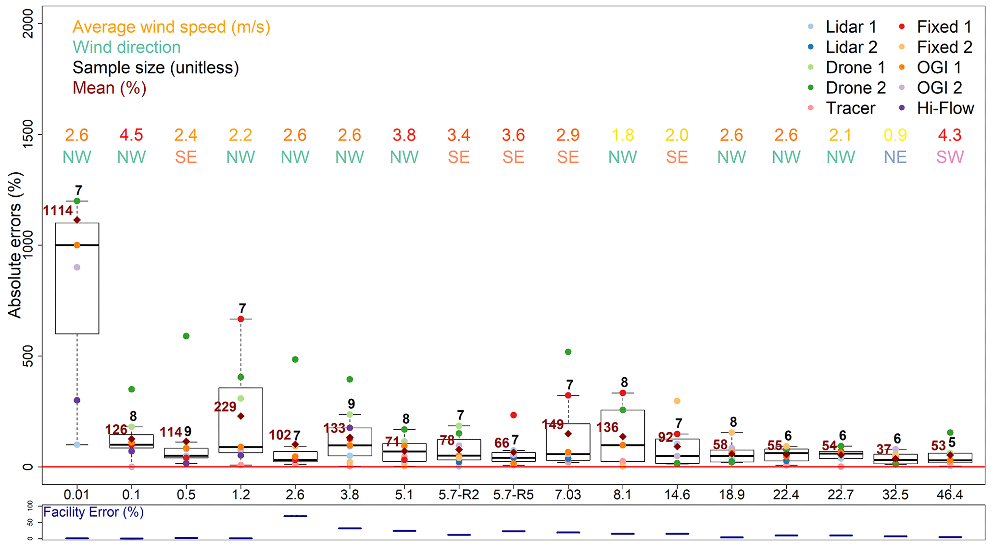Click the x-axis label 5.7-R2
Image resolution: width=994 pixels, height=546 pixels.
click(x=459, y=495)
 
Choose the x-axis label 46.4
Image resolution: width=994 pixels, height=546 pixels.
click(x=950, y=495)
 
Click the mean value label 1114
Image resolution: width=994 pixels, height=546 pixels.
click(x=58, y=211)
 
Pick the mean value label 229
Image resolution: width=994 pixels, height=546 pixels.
click(x=225, y=407)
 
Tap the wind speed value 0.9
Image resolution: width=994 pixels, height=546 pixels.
click(x=895, y=135)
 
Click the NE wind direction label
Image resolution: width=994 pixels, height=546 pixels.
click(x=895, y=157)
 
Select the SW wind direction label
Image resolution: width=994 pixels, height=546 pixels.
click(x=950, y=157)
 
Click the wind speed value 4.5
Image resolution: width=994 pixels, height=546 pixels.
click(x=131, y=135)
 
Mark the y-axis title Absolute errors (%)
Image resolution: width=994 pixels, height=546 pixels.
click(x=15, y=245)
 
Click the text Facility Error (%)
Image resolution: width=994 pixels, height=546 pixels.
click(x=93, y=512)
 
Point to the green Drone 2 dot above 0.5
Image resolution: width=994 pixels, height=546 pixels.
click(x=186, y=336)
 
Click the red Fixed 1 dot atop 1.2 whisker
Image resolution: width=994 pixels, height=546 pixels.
click(x=241, y=319)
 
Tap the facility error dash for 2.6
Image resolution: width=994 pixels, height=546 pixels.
click(x=295, y=516)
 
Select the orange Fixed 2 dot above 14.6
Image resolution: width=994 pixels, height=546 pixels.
click(x=677, y=401)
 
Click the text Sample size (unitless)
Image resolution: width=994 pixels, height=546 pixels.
click(x=155, y=68)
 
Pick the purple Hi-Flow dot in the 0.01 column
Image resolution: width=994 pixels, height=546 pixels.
click(x=77, y=400)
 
